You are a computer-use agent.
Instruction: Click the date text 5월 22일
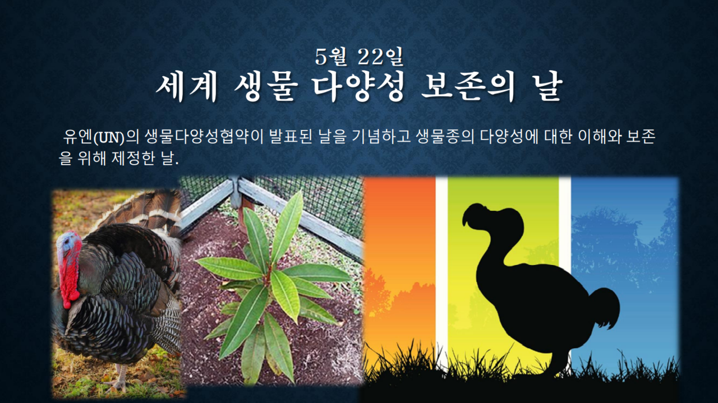359,57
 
